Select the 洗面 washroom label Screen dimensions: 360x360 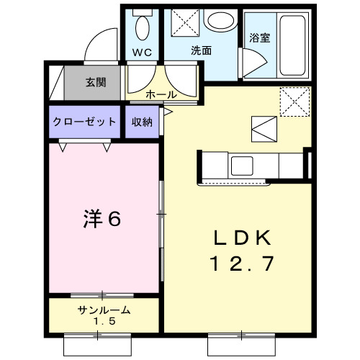pos(201,51)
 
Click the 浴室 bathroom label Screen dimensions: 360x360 pos(259,37)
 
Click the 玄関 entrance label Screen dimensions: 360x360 pos(96,83)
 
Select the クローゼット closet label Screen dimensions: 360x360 pos(84,122)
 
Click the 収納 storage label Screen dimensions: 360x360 pos(142,122)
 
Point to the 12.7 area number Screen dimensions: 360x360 pos(241,264)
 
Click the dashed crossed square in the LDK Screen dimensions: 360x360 pos(294,101)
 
